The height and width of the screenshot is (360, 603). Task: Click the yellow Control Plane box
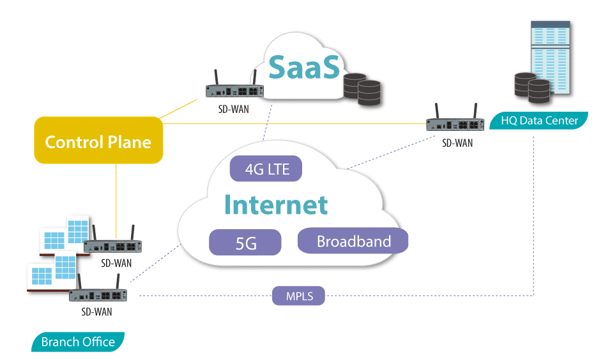(98, 141)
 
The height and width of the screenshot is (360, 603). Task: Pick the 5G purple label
(245, 243)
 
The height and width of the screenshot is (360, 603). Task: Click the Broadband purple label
(353, 241)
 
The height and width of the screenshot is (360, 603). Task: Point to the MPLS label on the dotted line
(298, 296)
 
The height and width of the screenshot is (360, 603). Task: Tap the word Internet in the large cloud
(276, 206)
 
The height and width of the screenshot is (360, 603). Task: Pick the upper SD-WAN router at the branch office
(113, 246)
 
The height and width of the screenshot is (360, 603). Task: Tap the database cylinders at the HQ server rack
(531, 88)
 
